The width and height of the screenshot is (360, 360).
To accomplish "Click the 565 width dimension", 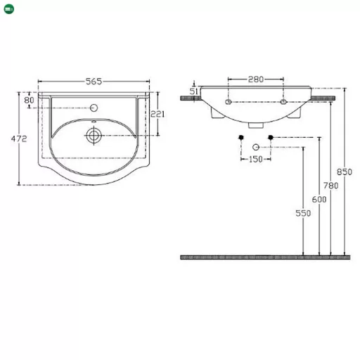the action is coord(94,82).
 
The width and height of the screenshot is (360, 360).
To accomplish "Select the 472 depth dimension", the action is coord(19,139).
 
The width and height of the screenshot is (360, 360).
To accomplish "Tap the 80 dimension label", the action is coord(29,100).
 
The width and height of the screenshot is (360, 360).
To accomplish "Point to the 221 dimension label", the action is coord(157,114).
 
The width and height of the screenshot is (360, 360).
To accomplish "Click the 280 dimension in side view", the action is coord(256,79).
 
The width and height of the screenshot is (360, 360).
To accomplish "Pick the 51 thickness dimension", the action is coord(194,91).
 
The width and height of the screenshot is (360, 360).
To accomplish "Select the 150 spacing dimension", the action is coord(256,159).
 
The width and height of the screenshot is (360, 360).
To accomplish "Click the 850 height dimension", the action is coord(345,172).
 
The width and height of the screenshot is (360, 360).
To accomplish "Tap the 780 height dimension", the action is coord(330,186).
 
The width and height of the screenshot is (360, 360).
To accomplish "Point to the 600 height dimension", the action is coord(319,200).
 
